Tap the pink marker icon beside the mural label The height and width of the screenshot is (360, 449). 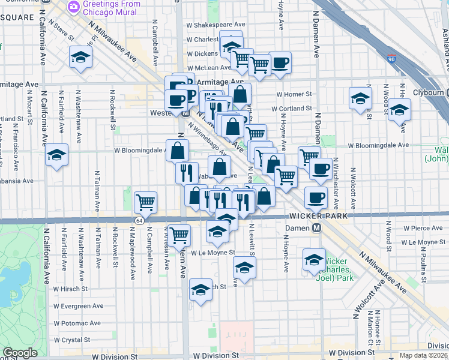(73, 7)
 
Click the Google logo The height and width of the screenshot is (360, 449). (20, 353)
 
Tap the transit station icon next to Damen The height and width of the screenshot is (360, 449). (316, 229)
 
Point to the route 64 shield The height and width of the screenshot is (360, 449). (139, 221)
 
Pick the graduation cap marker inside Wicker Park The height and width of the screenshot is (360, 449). (313, 259)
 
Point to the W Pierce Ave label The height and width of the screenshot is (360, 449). (423, 229)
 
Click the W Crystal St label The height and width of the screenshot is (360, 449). (71, 340)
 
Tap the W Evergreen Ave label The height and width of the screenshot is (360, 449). (78, 306)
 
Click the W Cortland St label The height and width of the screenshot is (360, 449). (292, 109)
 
